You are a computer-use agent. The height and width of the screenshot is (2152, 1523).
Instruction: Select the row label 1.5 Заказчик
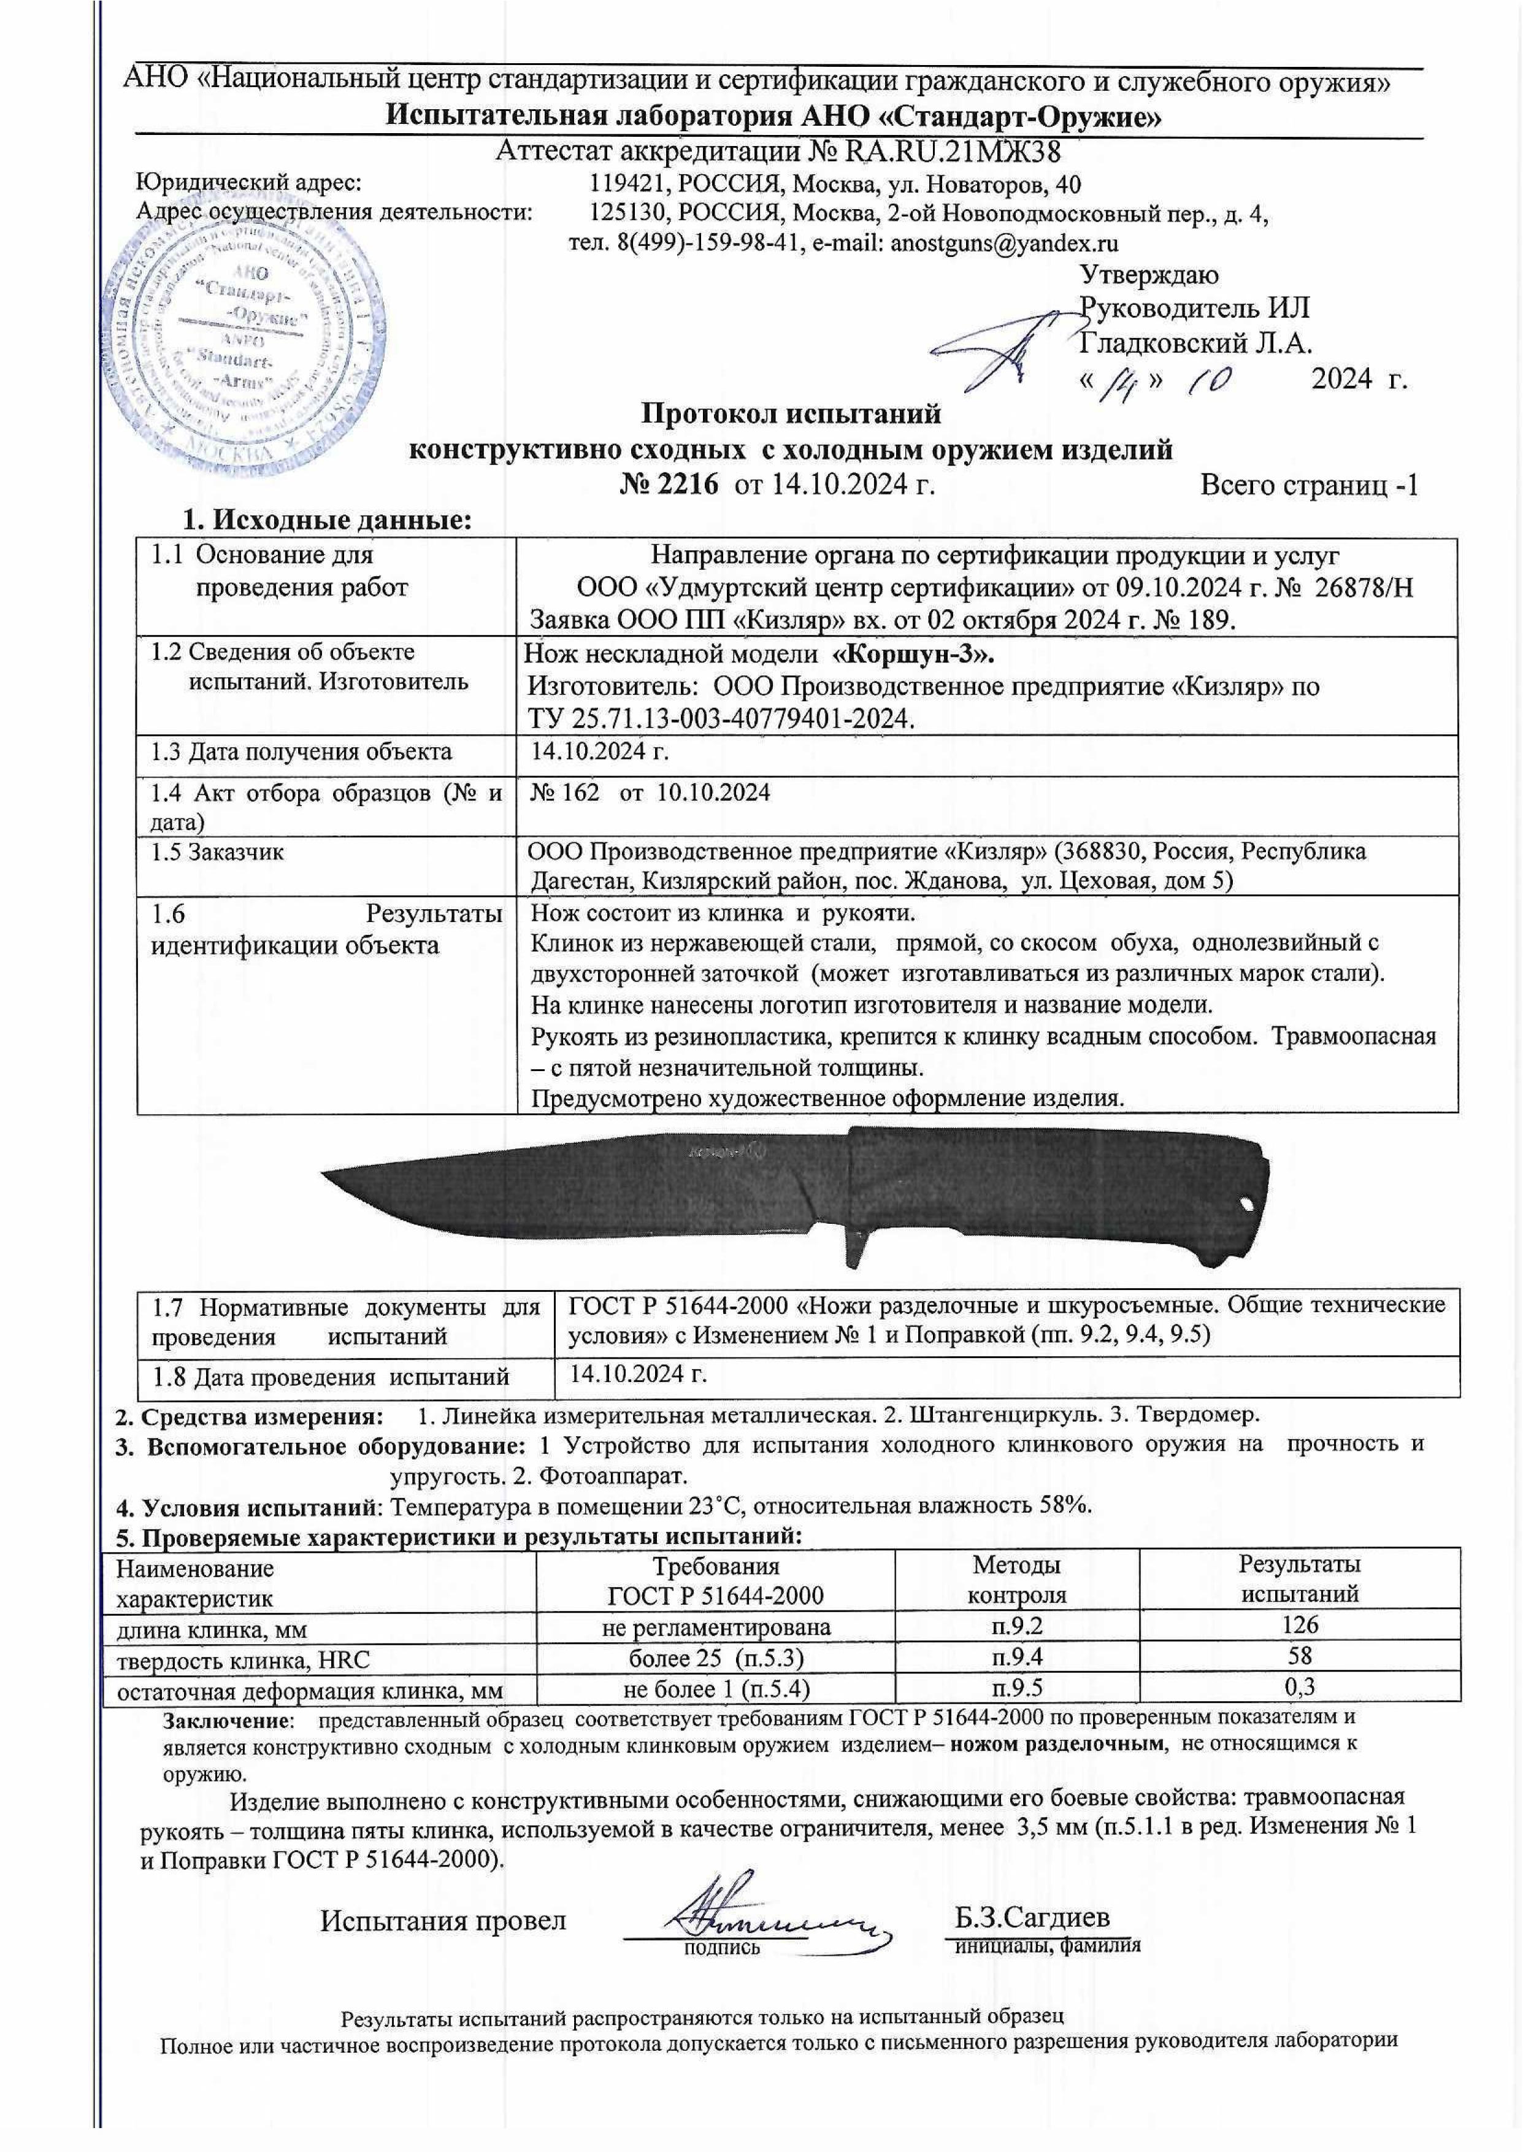pyautogui.click(x=218, y=851)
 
